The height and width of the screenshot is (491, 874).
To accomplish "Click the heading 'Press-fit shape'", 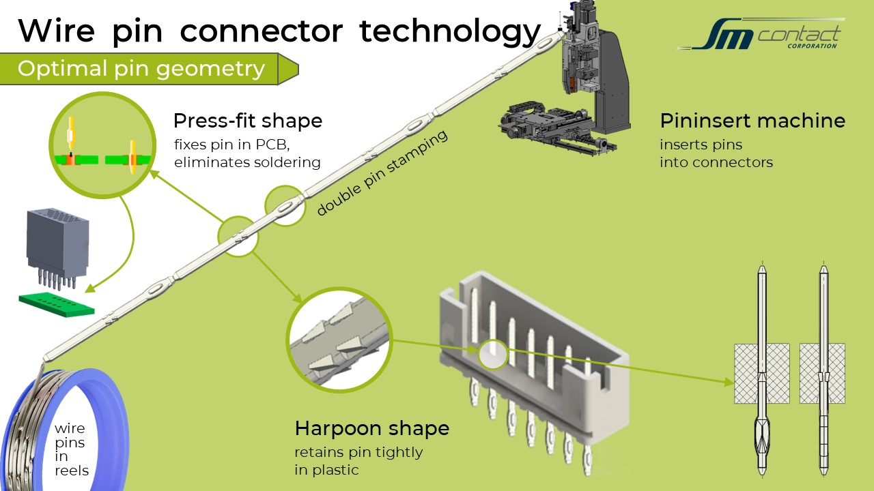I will coord(247,121).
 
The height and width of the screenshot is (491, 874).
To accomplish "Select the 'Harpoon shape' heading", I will coord(371,429).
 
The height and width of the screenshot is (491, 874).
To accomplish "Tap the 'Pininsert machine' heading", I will coord(752,121).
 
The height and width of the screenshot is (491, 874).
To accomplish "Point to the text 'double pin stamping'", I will coord(382,173).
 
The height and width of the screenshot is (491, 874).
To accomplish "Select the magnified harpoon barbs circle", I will coord(339,339).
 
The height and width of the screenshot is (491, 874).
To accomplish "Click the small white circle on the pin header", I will coord(492,354).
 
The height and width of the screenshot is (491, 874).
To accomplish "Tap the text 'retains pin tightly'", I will coord(358,452).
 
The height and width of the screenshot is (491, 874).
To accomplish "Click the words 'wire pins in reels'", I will coord(71,449).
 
